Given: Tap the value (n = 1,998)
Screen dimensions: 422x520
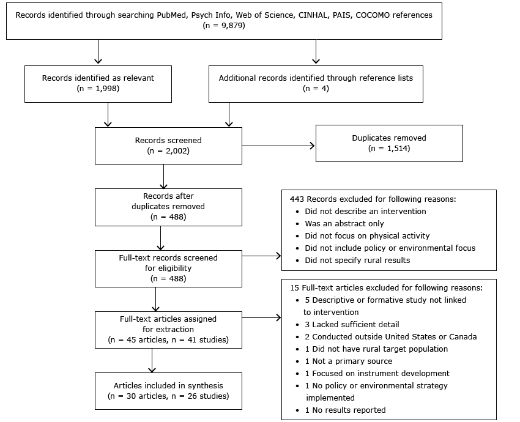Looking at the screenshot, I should (98, 88).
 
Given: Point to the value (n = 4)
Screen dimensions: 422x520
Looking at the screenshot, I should (316, 88).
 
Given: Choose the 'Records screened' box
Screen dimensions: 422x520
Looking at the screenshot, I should (168, 146).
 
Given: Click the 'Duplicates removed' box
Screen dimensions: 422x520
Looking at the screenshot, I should (389, 143).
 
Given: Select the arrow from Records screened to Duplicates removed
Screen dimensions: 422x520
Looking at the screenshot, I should (278, 146).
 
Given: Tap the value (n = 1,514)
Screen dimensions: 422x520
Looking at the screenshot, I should (389, 149).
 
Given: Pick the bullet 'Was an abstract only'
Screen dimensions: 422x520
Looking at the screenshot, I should (344, 223).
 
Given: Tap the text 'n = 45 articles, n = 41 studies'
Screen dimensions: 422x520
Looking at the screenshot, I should (168, 339).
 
